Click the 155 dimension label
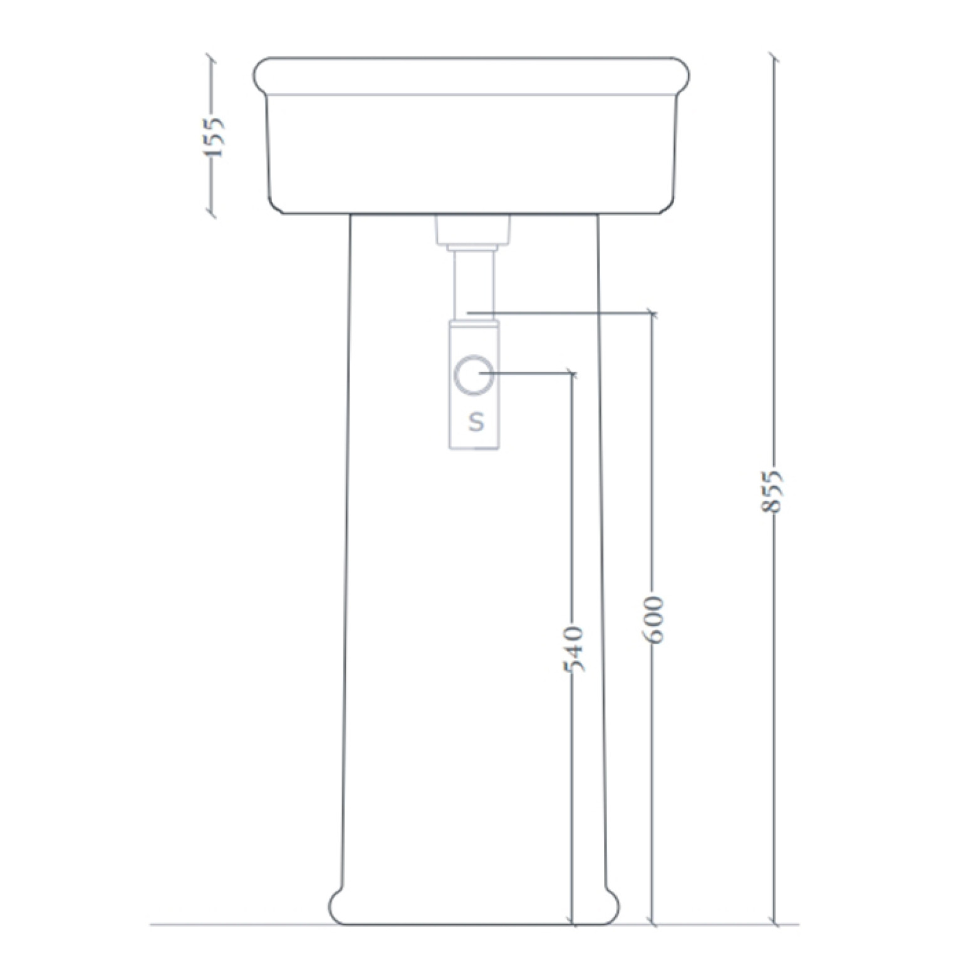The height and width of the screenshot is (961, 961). tap(215, 137)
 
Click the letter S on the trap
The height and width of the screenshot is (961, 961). tap(477, 422)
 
